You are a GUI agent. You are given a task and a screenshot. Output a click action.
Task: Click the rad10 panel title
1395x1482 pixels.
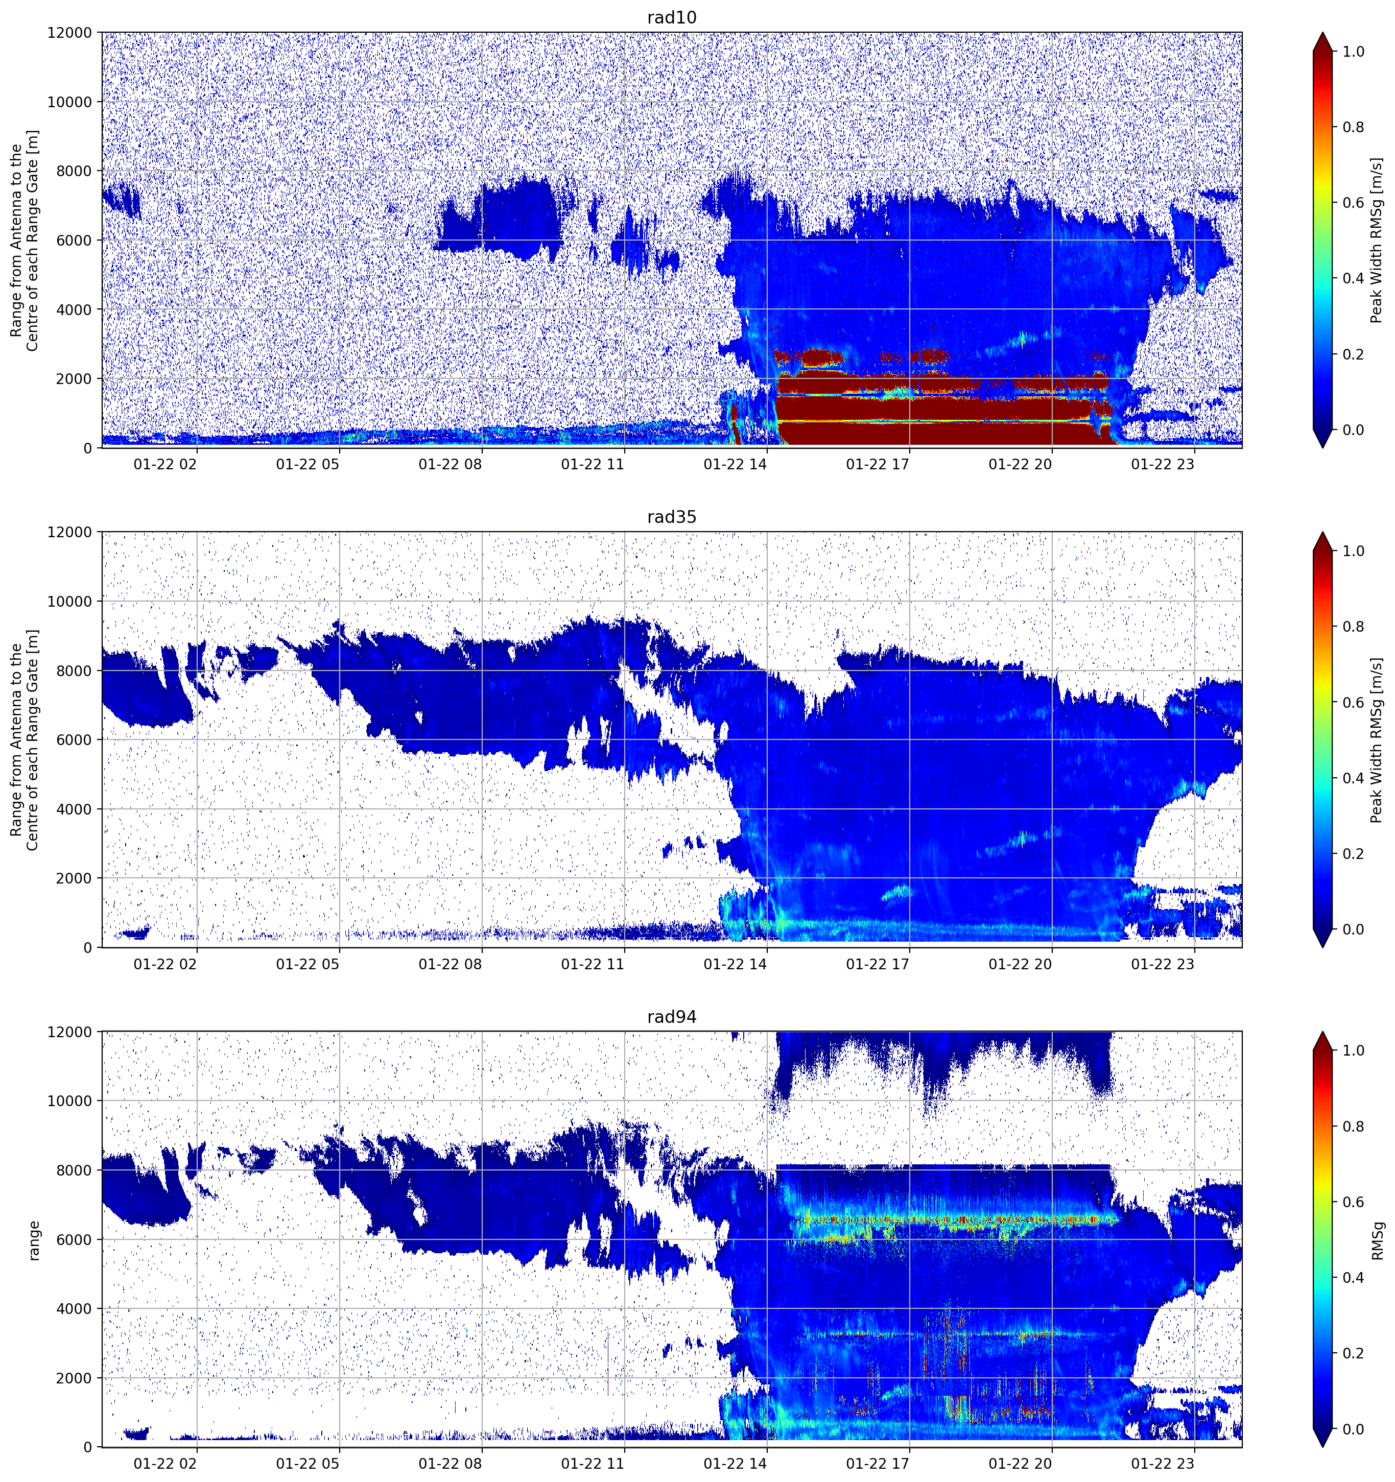point(672,17)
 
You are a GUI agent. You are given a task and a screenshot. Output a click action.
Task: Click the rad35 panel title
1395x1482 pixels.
point(672,517)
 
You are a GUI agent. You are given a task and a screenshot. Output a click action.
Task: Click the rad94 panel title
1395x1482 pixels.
point(672,1016)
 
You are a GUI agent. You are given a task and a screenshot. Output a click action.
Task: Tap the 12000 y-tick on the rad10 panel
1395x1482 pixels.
point(69,33)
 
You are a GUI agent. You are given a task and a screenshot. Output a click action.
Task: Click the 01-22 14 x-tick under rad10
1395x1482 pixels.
point(735,464)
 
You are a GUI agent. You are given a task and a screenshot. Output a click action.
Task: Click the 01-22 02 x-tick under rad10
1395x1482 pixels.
point(165,464)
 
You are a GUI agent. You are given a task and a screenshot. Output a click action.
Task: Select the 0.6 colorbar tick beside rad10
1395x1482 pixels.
point(1353,203)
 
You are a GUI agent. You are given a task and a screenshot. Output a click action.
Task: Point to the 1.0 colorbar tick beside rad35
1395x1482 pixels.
point(1353,551)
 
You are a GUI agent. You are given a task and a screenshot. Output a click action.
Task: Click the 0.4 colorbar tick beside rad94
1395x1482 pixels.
point(1353,1278)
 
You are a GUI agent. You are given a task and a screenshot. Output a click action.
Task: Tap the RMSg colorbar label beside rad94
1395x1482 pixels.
point(1377,1240)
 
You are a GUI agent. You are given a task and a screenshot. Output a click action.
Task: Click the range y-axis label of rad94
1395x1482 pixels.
point(34,1240)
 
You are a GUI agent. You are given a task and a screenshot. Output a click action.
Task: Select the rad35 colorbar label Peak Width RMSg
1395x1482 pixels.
point(1377,740)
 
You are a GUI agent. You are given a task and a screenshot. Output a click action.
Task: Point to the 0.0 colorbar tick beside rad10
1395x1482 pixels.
point(1353,430)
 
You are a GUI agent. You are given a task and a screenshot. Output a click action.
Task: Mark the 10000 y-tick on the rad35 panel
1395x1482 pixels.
point(69,602)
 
